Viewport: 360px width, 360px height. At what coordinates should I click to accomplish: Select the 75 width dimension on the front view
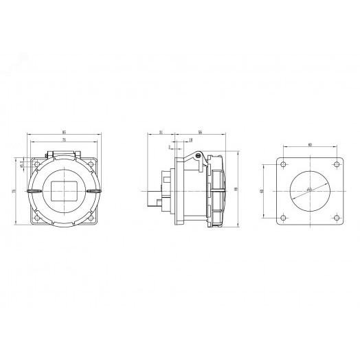[x=63, y=139]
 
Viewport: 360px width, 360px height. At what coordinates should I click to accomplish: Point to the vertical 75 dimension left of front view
[x=14, y=191]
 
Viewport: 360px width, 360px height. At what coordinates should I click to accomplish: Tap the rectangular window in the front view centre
[x=63, y=191]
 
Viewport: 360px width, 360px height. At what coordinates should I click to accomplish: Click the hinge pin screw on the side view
[x=199, y=157]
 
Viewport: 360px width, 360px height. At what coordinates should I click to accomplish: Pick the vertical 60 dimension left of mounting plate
[x=262, y=191]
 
